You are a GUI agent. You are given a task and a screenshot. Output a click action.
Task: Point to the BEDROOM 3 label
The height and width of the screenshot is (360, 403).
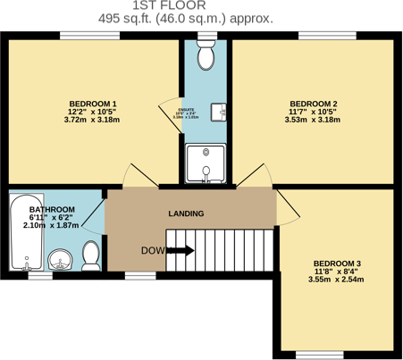click(x=336, y=263)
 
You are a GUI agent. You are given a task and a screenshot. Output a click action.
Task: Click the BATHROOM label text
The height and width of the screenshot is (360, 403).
click(x=53, y=209)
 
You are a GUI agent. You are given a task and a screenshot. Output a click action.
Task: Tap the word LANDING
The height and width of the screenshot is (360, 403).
click(x=186, y=213)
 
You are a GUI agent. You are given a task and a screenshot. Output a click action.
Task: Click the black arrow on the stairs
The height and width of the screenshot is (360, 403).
click(x=181, y=251)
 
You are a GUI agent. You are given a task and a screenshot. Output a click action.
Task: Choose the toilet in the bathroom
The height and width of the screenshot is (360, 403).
click(x=89, y=255)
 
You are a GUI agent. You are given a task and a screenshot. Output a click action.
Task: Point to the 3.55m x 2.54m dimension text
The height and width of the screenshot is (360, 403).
click(x=336, y=280)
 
